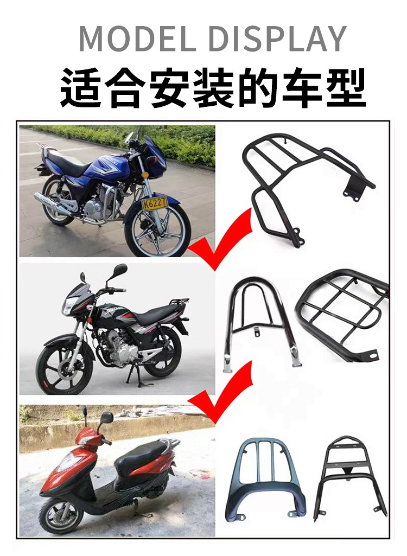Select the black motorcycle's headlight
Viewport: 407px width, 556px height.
pyautogui.click(x=69, y=306)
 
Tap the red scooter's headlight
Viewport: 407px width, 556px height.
pyautogui.click(x=70, y=461)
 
